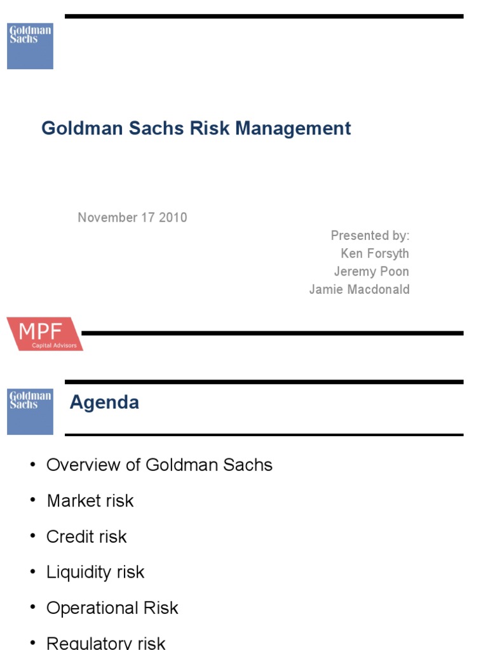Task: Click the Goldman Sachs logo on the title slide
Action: [x=30, y=46]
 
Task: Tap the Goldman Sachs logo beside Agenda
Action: [x=30, y=412]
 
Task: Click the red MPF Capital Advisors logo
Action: [x=44, y=334]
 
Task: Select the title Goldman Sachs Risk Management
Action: [x=196, y=128]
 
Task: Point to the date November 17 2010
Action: [x=132, y=218]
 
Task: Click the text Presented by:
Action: [x=370, y=235]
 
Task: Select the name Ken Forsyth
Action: [x=375, y=253]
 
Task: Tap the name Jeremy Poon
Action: [x=372, y=271]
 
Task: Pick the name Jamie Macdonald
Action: [x=359, y=289]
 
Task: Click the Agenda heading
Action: [x=104, y=402]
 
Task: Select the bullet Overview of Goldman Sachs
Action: [x=159, y=465]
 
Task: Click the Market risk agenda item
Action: [x=90, y=501]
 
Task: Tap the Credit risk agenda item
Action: [x=86, y=536]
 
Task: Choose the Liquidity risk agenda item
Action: [x=95, y=572]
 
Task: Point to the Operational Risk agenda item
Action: [x=112, y=607]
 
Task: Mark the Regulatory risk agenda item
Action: [x=105, y=642]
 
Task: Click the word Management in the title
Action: [x=293, y=128]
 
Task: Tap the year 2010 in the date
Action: [x=173, y=218]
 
